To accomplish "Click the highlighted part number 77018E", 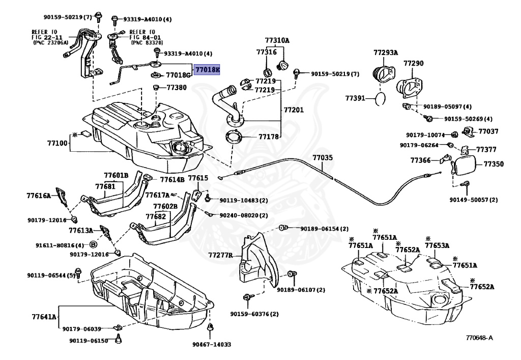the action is point(207,70).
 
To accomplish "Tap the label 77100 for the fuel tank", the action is point(57,143).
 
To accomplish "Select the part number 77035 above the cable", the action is point(322,157).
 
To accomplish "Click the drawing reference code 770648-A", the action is point(479,338).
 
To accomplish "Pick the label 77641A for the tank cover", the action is point(44,317).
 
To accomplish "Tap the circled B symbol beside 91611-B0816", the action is point(94,245).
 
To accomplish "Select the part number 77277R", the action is point(221,255).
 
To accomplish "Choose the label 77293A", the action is point(386,52).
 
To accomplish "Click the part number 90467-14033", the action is point(212,344).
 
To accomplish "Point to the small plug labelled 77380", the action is point(155,88).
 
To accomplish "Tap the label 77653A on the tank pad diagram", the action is point(437,245).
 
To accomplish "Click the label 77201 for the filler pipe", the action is point(294,109).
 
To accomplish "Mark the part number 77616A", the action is point(39,196).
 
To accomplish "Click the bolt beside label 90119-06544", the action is point(78,273).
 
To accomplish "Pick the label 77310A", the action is point(277,40).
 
